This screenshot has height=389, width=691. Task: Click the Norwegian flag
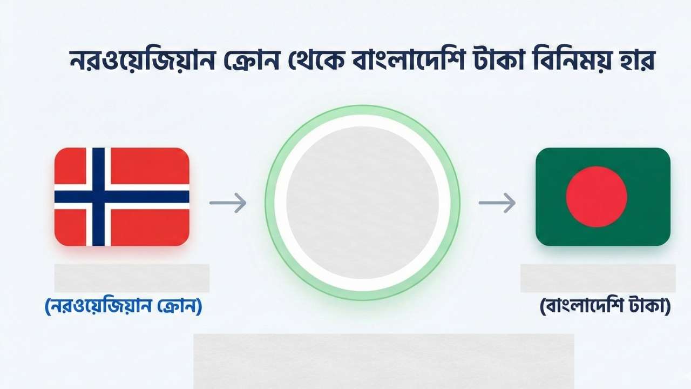click(121, 197)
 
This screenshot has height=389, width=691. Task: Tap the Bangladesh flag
click(602, 197)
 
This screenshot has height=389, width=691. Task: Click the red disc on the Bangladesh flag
click(597, 197)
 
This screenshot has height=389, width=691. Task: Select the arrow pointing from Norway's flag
click(228, 203)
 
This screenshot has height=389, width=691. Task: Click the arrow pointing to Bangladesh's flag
click(497, 203)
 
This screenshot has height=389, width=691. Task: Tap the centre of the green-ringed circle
click(362, 203)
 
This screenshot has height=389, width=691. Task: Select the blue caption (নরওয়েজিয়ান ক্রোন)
click(123, 307)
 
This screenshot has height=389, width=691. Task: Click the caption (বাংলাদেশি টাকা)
click(605, 307)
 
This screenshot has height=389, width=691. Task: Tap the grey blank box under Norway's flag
click(132, 278)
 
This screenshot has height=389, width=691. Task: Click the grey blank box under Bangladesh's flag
click(598, 278)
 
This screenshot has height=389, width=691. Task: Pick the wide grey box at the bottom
click(383, 361)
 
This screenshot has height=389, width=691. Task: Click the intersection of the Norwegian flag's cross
click(98, 197)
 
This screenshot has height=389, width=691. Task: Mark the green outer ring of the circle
click(268, 203)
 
